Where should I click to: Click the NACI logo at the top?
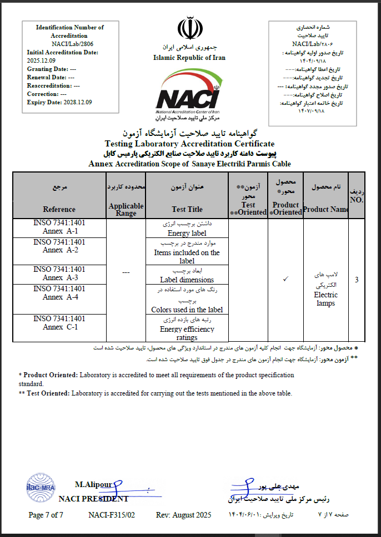(x=188, y=94)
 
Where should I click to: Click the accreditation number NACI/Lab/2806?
(x=69, y=44)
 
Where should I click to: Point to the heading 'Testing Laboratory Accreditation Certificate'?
(x=189, y=144)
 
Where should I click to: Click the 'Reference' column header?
(x=59, y=209)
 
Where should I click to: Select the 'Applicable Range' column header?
(x=126, y=209)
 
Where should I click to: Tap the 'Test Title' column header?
(x=187, y=209)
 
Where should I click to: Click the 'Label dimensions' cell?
(x=187, y=280)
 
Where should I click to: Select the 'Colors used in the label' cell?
(x=187, y=310)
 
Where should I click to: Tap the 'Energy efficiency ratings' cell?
(x=187, y=333)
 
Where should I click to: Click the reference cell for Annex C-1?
(x=59, y=323)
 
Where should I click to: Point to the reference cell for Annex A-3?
(x=59, y=273)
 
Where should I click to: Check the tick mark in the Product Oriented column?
(x=285, y=279)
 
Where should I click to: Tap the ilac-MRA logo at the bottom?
(x=37, y=488)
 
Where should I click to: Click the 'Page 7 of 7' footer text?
(x=46, y=515)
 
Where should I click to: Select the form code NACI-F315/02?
(x=112, y=515)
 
